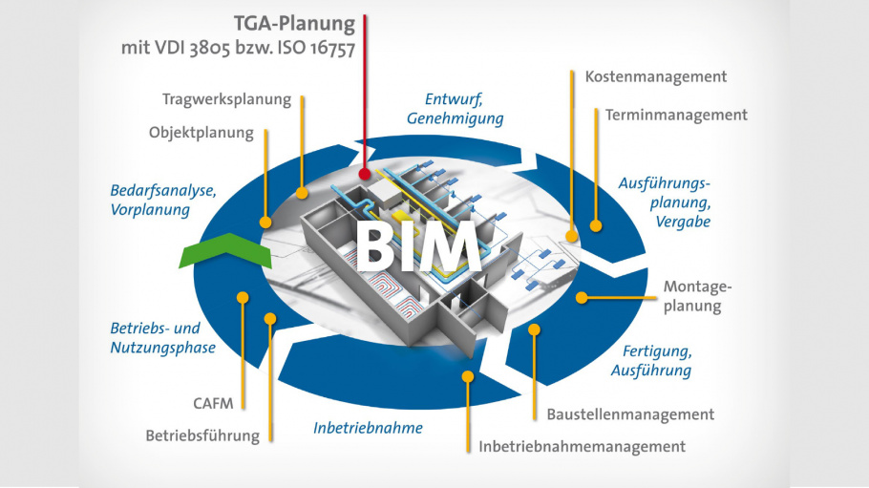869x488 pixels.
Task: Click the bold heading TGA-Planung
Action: [x=294, y=23]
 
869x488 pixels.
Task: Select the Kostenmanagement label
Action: [x=655, y=76]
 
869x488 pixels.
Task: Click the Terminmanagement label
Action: [x=676, y=115]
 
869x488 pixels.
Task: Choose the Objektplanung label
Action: [x=201, y=133]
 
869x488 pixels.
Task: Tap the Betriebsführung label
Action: [x=202, y=435]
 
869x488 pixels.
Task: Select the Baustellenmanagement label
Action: [x=630, y=414]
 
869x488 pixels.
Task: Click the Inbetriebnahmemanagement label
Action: [x=582, y=446]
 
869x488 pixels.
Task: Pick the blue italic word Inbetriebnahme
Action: [x=368, y=428]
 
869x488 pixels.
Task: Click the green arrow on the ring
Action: [x=225, y=250]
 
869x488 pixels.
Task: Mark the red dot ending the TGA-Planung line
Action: [x=365, y=175]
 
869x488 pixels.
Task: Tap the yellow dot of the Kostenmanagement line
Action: [x=572, y=235]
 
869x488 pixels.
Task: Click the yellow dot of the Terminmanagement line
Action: [x=597, y=227]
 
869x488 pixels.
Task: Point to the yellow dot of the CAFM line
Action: [x=243, y=299]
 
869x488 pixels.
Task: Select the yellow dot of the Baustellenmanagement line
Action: [x=534, y=329]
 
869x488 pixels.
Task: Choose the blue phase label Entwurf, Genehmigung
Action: [x=455, y=109]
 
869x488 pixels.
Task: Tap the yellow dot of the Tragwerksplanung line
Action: [x=302, y=193]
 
